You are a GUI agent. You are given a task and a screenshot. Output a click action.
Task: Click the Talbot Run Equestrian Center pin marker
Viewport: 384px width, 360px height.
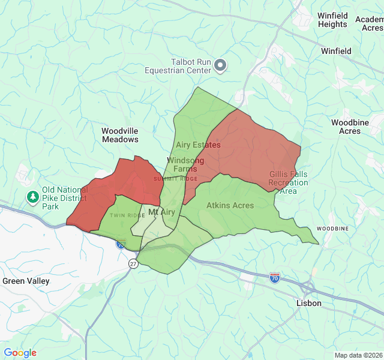click(220, 65)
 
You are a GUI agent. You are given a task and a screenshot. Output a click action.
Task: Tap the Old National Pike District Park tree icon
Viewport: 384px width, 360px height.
click(32, 196)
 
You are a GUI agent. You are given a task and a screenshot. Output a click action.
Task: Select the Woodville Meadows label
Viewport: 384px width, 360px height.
click(120, 135)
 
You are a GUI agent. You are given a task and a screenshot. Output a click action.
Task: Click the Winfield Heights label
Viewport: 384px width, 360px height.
click(332, 20)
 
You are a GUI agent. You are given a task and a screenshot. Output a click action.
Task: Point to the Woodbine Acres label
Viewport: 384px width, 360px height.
click(350, 127)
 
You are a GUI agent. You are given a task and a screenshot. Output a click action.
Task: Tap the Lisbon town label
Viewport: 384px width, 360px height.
click(309, 303)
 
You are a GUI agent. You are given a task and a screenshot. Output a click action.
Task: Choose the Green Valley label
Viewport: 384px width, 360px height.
click(26, 281)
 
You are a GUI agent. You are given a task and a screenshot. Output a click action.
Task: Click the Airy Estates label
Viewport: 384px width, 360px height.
click(198, 145)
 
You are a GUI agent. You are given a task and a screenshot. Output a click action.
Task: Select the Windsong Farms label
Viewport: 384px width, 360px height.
click(181, 164)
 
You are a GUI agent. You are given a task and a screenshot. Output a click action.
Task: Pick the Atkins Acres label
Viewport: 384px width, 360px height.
click(230, 205)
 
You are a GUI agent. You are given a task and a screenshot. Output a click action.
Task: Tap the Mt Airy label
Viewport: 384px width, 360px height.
click(161, 212)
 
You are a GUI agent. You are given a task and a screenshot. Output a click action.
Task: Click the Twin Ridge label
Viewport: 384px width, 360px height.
click(127, 215)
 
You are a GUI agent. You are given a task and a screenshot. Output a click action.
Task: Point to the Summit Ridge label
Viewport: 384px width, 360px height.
click(175, 179)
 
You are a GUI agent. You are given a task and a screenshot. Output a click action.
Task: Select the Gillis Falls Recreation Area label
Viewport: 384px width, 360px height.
click(288, 182)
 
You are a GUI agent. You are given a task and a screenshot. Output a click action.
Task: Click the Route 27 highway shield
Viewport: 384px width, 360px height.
click(133, 263)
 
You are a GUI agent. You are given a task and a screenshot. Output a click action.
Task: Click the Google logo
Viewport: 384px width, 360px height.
click(20, 353)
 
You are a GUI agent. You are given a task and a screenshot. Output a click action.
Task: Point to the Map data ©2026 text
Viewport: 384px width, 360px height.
click(358, 355)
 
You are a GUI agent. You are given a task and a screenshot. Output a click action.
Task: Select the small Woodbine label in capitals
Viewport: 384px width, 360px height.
click(332, 229)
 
